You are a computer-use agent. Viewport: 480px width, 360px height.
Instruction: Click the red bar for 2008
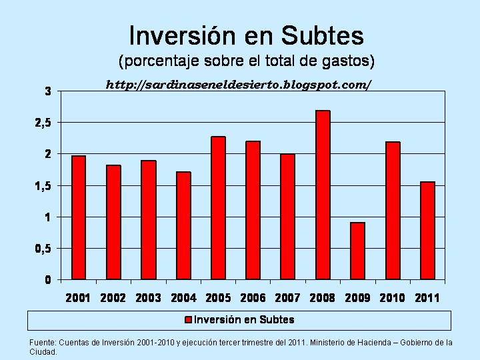pyautogui.click(x=323, y=195)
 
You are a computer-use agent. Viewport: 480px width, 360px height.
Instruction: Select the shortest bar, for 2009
pyautogui.click(x=357, y=251)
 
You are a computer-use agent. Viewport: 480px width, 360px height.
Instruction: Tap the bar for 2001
pyautogui.click(x=79, y=217)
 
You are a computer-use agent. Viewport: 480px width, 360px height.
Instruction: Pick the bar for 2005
pyautogui.click(x=218, y=208)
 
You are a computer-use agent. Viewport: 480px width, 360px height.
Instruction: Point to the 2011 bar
pyautogui.click(x=427, y=231)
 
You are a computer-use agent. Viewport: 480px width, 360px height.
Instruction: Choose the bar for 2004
pyautogui.click(x=183, y=225)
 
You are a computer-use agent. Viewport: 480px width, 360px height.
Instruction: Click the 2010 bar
pyautogui.click(x=393, y=211)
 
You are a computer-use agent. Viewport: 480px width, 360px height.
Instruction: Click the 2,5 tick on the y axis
pyautogui.click(x=43, y=123)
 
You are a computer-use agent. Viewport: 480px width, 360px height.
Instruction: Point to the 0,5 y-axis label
pyautogui.click(x=43, y=249)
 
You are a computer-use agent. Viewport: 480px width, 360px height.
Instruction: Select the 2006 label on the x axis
pyautogui.click(x=253, y=298)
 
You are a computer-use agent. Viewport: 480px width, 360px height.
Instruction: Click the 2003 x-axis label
pyautogui.click(x=148, y=298)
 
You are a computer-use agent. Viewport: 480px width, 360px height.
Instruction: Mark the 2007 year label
pyautogui.click(x=287, y=298)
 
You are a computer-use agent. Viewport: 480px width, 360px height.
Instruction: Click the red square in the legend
pyautogui.click(x=189, y=320)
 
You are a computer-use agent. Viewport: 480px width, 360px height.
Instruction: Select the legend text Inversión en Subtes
pyautogui.click(x=244, y=320)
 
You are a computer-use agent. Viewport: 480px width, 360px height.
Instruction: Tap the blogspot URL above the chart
pyautogui.click(x=238, y=85)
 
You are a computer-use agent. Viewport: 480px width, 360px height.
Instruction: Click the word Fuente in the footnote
pyautogui.click(x=43, y=343)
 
